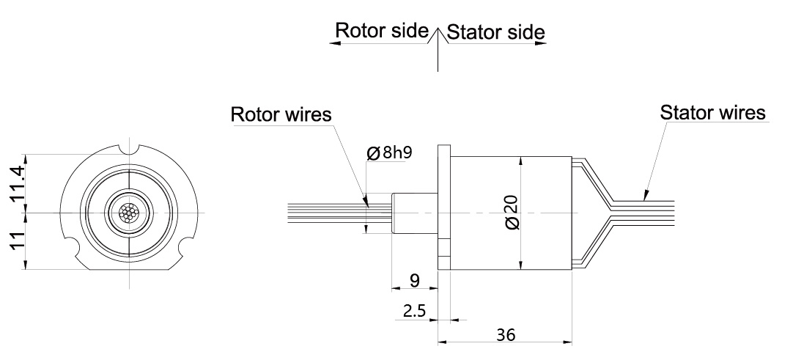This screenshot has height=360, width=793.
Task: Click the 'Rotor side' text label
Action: click(x=381, y=31)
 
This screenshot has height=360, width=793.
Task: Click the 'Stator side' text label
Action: click(x=495, y=32)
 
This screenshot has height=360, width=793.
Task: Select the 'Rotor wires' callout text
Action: click(x=281, y=115)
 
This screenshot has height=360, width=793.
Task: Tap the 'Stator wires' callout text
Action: click(x=712, y=113)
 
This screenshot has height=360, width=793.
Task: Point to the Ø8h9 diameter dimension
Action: click(x=388, y=153)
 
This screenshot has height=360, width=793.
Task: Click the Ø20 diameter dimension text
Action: click(x=511, y=213)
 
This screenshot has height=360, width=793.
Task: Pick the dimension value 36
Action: click(x=505, y=334)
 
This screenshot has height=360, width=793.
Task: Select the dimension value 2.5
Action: click(x=414, y=310)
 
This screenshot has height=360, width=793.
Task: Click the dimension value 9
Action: click(x=414, y=279)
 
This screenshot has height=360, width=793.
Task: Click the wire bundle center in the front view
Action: click(x=128, y=213)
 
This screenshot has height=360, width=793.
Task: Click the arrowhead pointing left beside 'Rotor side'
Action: click(x=334, y=43)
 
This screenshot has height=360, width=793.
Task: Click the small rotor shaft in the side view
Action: click(x=414, y=213)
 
